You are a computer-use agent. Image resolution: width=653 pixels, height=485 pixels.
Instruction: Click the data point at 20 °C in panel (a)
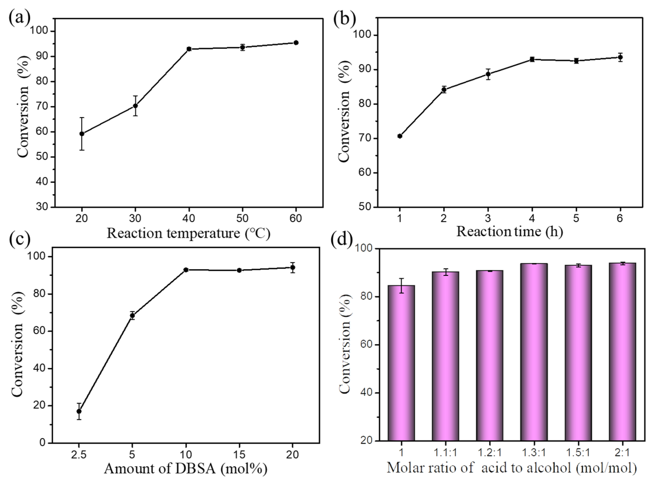point(82,134)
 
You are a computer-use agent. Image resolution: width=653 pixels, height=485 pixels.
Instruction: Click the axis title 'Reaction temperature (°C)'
point(188,234)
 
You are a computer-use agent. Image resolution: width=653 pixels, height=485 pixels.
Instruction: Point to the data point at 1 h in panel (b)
point(400,136)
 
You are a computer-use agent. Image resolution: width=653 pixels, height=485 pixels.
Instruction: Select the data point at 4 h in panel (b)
point(532,59)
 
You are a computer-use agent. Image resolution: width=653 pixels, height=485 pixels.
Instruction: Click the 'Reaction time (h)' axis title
point(510,232)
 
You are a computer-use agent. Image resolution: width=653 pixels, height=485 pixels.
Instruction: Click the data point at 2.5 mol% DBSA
point(79,411)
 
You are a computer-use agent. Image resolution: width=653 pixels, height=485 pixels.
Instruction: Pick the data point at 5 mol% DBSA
point(132,315)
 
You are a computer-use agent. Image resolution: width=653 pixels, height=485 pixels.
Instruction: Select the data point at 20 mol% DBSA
point(292,268)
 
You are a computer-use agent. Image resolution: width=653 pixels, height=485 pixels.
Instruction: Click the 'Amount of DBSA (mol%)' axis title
point(186,469)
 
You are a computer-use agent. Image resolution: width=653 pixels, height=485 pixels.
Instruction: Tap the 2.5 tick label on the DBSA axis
point(79,455)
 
